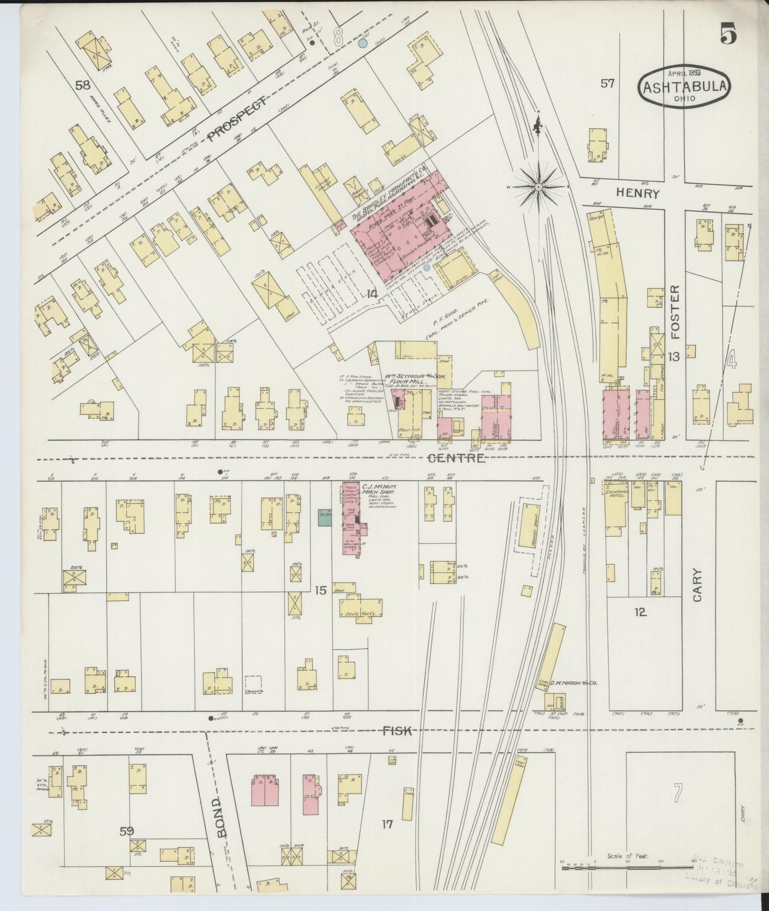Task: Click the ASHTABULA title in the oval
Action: [684, 88]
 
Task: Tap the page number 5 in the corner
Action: [730, 34]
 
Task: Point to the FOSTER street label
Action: [675, 312]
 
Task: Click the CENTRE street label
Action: [456, 458]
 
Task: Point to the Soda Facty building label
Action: [360, 613]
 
